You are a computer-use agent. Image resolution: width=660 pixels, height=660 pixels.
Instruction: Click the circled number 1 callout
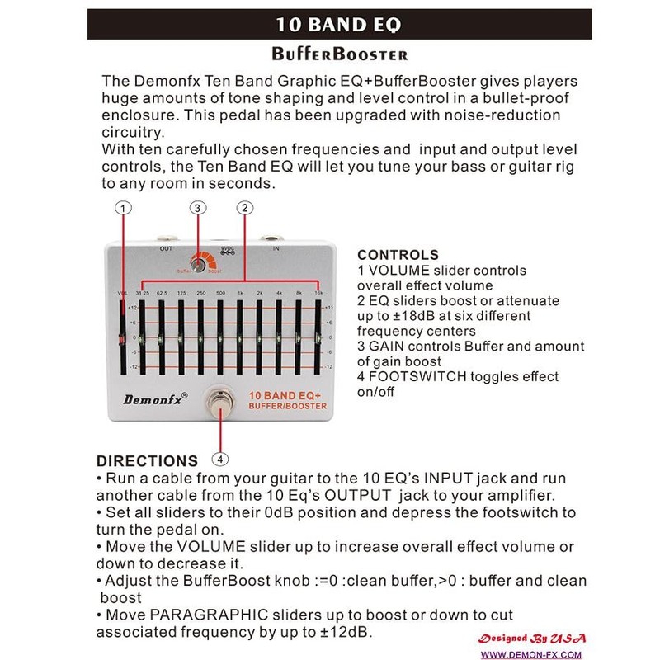pos(122,208)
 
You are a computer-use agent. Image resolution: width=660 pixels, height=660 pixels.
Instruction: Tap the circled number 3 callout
pos(197,208)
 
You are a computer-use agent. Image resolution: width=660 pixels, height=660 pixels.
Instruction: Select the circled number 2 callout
pos(244,208)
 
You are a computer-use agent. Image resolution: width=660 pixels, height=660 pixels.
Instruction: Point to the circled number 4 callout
pos(220,458)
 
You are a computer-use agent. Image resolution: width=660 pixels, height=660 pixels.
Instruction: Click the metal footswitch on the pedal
pos(220,403)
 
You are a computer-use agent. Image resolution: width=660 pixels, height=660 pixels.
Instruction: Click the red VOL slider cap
pos(123,339)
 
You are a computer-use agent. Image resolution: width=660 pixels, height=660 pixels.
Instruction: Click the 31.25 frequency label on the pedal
pos(142,293)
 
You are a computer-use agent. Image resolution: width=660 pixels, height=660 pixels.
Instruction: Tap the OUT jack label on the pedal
pos(165,247)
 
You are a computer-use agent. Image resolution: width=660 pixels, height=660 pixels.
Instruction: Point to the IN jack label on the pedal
pos(276,247)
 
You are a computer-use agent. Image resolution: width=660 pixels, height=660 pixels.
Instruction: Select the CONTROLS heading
pos(398,255)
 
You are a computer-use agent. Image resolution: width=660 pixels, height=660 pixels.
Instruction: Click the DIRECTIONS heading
pos(147,461)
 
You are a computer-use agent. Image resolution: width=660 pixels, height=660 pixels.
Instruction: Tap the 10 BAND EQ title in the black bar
pos(339,24)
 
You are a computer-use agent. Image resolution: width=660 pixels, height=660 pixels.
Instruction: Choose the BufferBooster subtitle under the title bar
pos(339,55)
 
